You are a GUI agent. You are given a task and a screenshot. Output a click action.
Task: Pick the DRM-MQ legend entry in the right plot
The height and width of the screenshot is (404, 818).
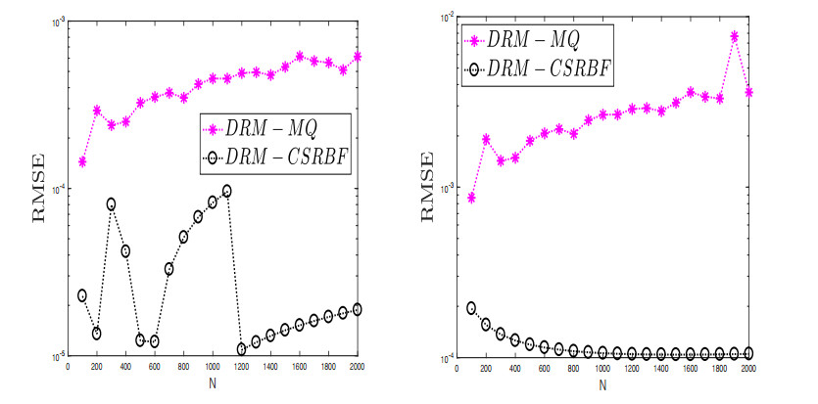[527, 40]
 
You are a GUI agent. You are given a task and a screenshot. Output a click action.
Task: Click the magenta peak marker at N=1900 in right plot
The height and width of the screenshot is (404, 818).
[734, 36]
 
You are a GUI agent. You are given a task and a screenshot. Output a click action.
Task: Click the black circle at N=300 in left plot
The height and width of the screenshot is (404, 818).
[112, 204]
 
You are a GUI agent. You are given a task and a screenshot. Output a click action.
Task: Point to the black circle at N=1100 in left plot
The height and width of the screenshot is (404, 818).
[227, 191]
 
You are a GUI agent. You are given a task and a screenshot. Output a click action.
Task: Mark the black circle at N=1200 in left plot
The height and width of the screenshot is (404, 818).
[242, 348]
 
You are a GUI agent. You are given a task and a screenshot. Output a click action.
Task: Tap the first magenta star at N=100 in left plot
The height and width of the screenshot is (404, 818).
[82, 161]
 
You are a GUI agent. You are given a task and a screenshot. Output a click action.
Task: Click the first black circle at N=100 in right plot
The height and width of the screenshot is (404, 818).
[471, 308]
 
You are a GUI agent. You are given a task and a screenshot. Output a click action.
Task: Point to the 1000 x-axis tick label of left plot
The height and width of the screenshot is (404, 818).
[213, 367]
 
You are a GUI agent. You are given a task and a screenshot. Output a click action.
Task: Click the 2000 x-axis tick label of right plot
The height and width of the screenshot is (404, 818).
[748, 369]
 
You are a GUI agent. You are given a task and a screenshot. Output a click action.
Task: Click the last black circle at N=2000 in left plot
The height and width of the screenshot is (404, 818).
[357, 309]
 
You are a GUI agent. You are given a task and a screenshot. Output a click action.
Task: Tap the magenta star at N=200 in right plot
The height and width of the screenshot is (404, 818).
[486, 140]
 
